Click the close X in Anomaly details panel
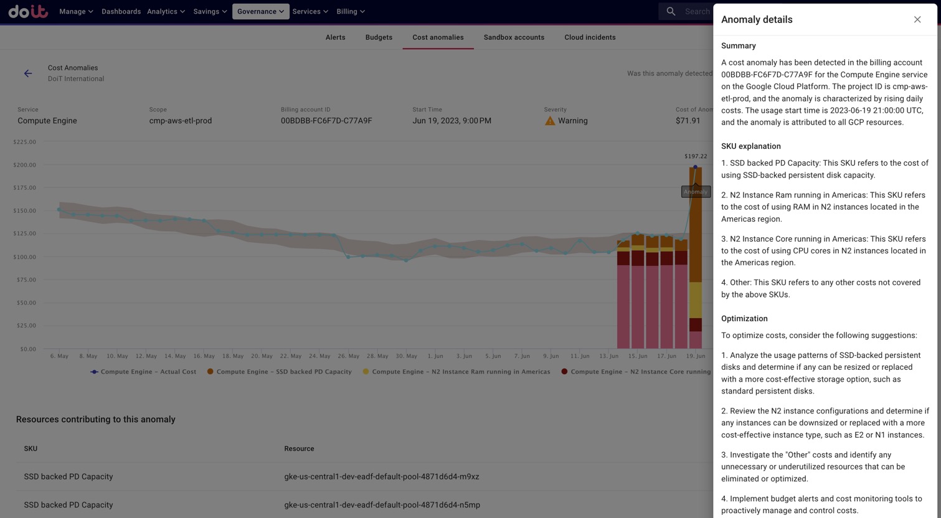(x=917, y=20)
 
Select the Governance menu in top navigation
(x=260, y=11)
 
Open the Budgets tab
(x=379, y=37)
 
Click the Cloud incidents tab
(x=590, y=37)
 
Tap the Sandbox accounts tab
(x=514, y=37)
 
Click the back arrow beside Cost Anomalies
(x=28, y=73)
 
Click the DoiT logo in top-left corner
(x=28, y=11)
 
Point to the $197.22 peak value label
(x=696, y=156)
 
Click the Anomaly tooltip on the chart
(x=696, y=192)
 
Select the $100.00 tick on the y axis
(x=26, y=257)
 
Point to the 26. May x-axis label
(x=349, y=356)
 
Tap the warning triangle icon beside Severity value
(x=550, y=121)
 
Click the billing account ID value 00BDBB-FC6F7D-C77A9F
(x=326, y=121)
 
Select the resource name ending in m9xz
(x=381, y=477)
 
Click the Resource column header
(x=299, y=449)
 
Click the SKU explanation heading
(x=750, y=146)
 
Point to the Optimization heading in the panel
(x=744, y=319)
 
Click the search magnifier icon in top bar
(x=671, y=11)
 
